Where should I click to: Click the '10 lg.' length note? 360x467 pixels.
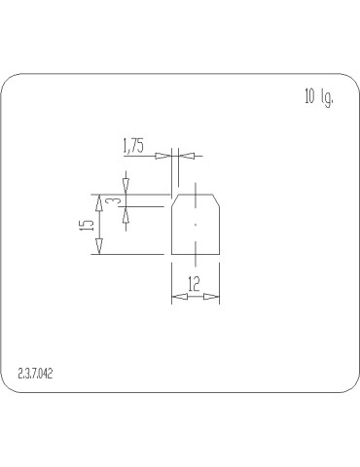click(x=318, y=97)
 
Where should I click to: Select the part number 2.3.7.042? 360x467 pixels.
click(x=35, y=373)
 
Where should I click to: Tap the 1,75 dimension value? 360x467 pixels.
click(x=133, y=147)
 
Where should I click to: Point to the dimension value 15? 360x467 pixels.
click(x=87, y=224)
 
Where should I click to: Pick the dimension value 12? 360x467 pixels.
click(x=195, y=285)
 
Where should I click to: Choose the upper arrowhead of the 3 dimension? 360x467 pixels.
click(x=126, y=186)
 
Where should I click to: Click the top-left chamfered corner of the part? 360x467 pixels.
click(x=175, y=198)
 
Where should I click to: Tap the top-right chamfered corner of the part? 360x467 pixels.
click(x=216, y=198)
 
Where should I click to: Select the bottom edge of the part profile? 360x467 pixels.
click(x=196, y=254)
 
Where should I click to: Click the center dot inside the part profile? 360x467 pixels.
click(x=196, y=224)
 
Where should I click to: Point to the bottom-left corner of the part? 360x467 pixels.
click(x=172, y=254)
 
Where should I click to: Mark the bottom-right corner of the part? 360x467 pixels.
click(x=219, y=254)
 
